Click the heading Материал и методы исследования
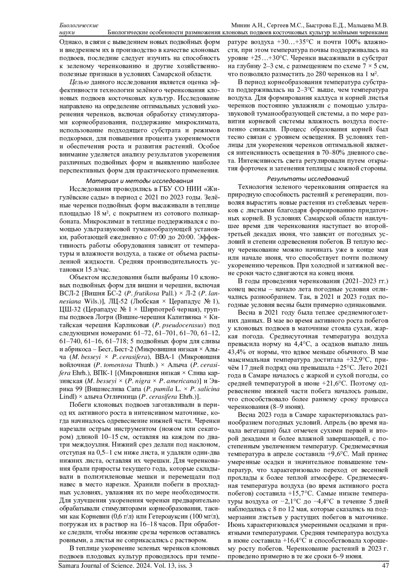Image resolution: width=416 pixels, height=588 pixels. [139, 181]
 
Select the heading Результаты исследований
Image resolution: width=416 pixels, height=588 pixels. [308, 179]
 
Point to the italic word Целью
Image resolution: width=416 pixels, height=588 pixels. [77, 82]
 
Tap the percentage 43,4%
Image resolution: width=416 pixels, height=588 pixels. [236, 352]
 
